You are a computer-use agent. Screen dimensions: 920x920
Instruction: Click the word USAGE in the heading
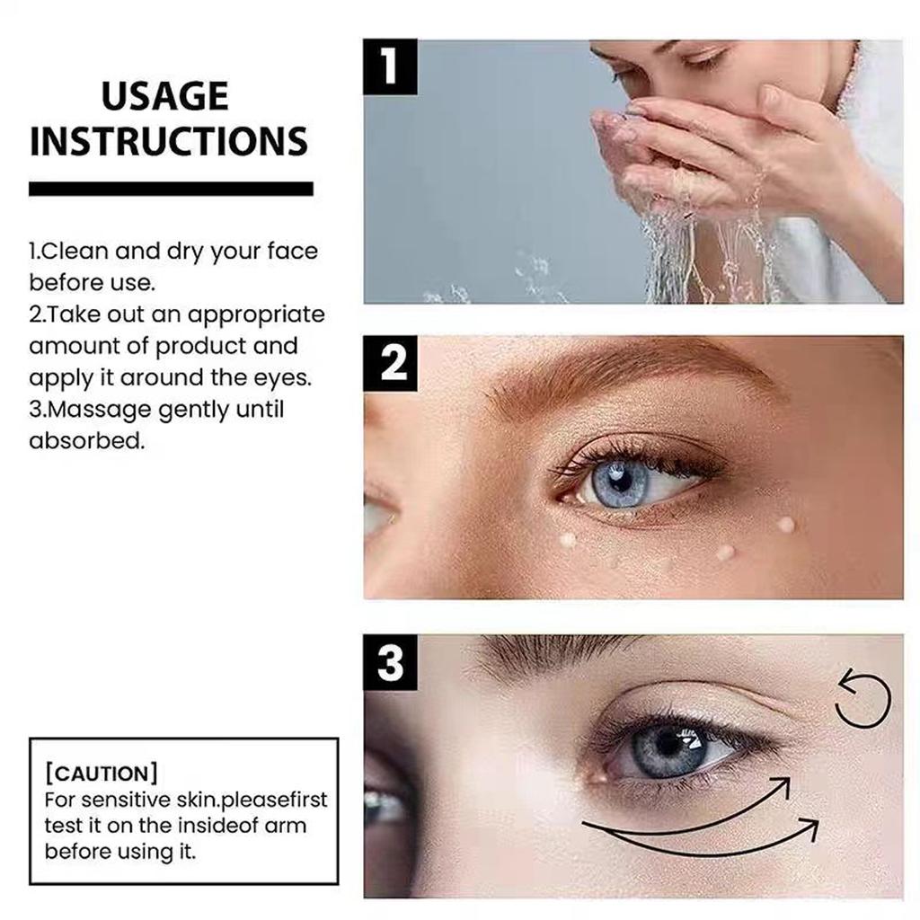(164, 96)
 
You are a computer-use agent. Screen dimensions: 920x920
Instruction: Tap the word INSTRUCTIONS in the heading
(169, 142)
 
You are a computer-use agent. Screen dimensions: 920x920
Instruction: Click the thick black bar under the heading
(171, 189)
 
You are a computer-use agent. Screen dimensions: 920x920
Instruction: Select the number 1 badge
(390, 67)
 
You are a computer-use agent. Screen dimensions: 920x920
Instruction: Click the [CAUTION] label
(102, 773)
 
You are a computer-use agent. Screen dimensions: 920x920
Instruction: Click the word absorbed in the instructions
(86, 441)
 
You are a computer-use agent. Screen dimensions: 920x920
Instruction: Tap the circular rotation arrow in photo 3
(862, 700)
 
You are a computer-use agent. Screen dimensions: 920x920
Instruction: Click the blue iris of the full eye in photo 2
(620, 482)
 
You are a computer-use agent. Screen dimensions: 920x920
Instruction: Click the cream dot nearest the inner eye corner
(568, 539)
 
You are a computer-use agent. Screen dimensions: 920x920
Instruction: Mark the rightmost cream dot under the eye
(785, 524)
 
